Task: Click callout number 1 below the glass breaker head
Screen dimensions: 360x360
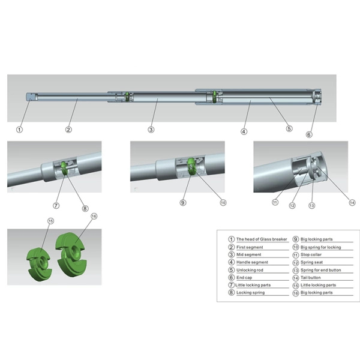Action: coord(19,129)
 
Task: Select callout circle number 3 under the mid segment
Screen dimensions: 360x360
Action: coord(151,129)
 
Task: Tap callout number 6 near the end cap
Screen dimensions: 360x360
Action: coord(309,134)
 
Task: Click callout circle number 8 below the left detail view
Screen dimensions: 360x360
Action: coord(85,208)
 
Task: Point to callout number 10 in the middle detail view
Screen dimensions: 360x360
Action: coord(223,203)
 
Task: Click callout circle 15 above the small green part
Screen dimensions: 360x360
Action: coord(50,221)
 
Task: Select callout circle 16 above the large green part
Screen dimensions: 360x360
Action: coord(94,215)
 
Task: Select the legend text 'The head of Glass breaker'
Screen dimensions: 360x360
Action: coord(262,239)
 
